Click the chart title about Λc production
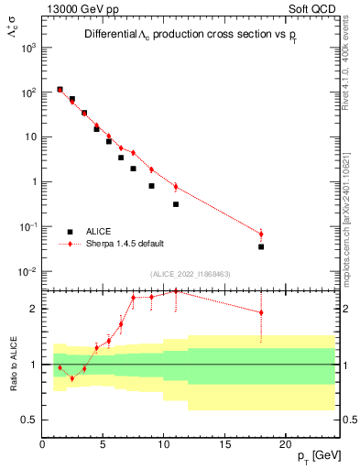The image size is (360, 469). [x=191, y=35]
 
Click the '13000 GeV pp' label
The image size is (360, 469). [x=80, y=7]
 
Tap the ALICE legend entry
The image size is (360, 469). [x=95, y=232]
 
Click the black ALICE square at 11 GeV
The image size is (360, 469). [x=176, y=204]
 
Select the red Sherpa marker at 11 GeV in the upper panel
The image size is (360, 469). [x=176, y=187]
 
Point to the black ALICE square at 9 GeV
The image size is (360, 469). [x=152, y=186]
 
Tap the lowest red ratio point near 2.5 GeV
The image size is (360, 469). [x=72, y=377]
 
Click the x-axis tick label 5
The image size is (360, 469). [x=103, y=444]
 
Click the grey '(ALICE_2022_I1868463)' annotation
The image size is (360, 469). [x=191, y=274]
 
